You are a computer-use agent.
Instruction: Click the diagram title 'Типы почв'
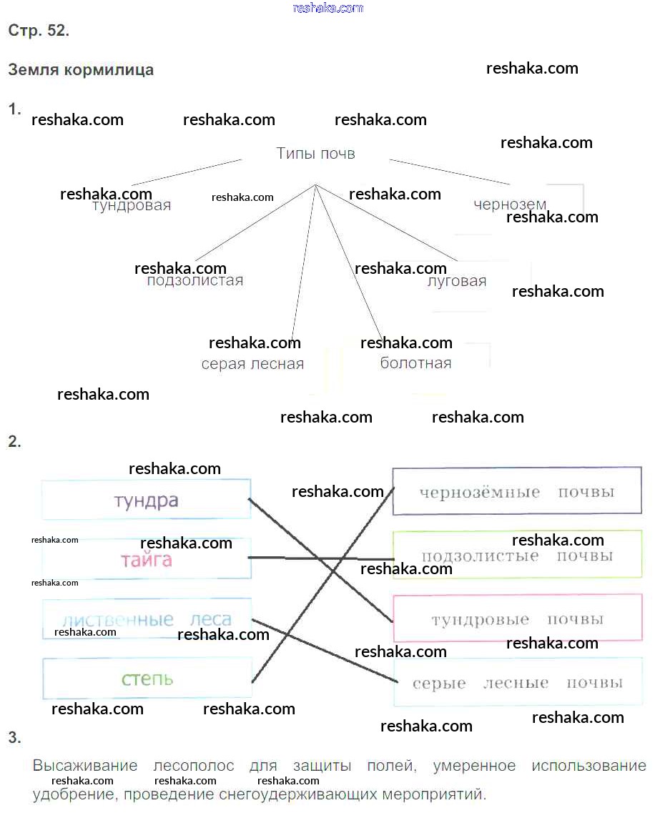point(315,154)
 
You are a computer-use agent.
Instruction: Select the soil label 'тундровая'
point(132,206)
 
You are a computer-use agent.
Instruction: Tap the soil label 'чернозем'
point(509,204)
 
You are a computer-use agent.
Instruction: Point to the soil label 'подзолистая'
point(195,280)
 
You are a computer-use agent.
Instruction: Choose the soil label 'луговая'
point(456,281)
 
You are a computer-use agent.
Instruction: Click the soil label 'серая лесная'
point(252,364)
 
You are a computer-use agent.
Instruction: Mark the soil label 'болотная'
point(415,363)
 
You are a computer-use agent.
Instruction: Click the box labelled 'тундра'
point(146,500)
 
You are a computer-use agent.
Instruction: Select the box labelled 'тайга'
point(146,559)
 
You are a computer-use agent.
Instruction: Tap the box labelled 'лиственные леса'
point(146,619)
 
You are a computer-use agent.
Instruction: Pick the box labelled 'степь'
point(147,678)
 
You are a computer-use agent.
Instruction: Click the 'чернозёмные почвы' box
point(516,491)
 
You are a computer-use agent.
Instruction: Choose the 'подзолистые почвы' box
point(517,555)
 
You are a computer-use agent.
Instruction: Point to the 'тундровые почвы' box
point(517,619)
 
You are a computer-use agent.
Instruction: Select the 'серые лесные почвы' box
point(517,683)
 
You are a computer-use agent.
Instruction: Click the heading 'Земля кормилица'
point(81,70)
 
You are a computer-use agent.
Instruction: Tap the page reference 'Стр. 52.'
point(39,31)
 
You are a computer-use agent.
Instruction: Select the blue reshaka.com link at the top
point(328,8)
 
